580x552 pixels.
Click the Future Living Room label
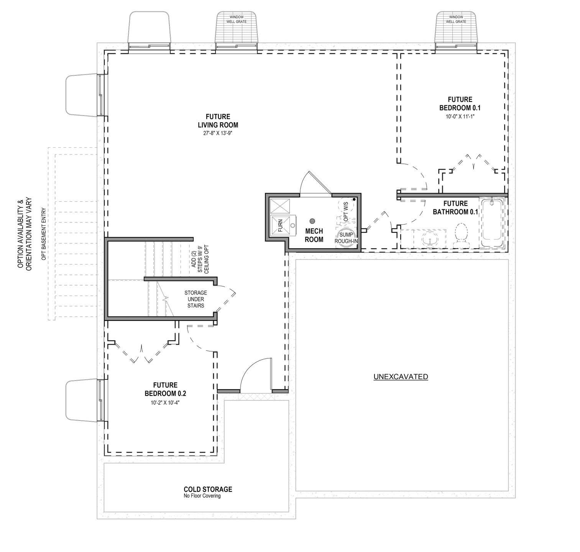point(218,121)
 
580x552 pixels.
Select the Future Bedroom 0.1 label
point(460,103)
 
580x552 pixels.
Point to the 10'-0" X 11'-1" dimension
point(460,116)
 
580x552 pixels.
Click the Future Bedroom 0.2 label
point(165,389)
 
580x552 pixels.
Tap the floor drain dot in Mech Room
point(312,221)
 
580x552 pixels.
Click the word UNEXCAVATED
point(401,377)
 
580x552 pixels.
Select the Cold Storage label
point(208,489)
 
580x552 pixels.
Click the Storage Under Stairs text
point(196,299)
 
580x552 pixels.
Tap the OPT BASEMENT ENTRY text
point(44,234)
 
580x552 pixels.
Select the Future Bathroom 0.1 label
point(455,207)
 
